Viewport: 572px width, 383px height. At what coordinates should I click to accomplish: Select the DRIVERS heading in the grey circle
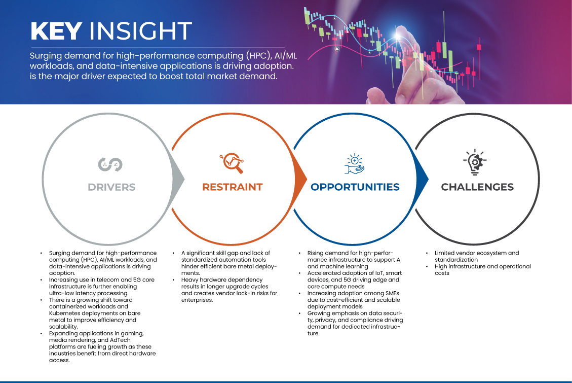111,187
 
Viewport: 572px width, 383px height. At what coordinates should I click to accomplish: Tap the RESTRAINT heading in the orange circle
233,187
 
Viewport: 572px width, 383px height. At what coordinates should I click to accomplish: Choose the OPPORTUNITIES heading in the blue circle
355,187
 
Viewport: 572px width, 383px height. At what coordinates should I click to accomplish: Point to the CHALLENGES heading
477,187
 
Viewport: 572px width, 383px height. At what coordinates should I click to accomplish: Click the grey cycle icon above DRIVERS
110,165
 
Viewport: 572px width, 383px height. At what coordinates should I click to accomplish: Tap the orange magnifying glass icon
232,163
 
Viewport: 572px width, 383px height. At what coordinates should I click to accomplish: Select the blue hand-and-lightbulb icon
355,163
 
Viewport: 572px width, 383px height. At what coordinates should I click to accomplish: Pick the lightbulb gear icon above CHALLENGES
475,162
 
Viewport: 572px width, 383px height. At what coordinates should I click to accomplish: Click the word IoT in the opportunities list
380,273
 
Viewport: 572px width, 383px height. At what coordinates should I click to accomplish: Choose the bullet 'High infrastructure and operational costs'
482,270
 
